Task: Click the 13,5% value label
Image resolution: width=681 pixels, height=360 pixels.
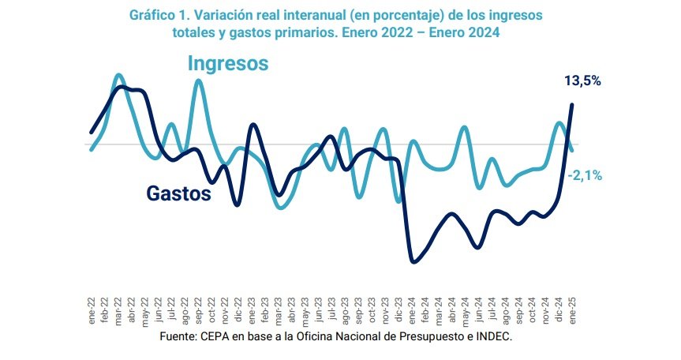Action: (x=583, y=81)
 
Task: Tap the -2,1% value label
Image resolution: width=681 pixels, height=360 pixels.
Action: (x=584, y=176)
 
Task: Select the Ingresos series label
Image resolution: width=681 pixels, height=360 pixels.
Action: (x=228, y=63)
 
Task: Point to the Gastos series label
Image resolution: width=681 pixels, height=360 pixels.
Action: (x=179, y=193)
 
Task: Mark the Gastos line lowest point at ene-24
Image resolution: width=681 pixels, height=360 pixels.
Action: (x=413, y=262)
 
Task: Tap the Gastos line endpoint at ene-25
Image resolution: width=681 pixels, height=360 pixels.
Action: (x=572, y=104)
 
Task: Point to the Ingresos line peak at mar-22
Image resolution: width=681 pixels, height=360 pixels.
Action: (x=118, y=75)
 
